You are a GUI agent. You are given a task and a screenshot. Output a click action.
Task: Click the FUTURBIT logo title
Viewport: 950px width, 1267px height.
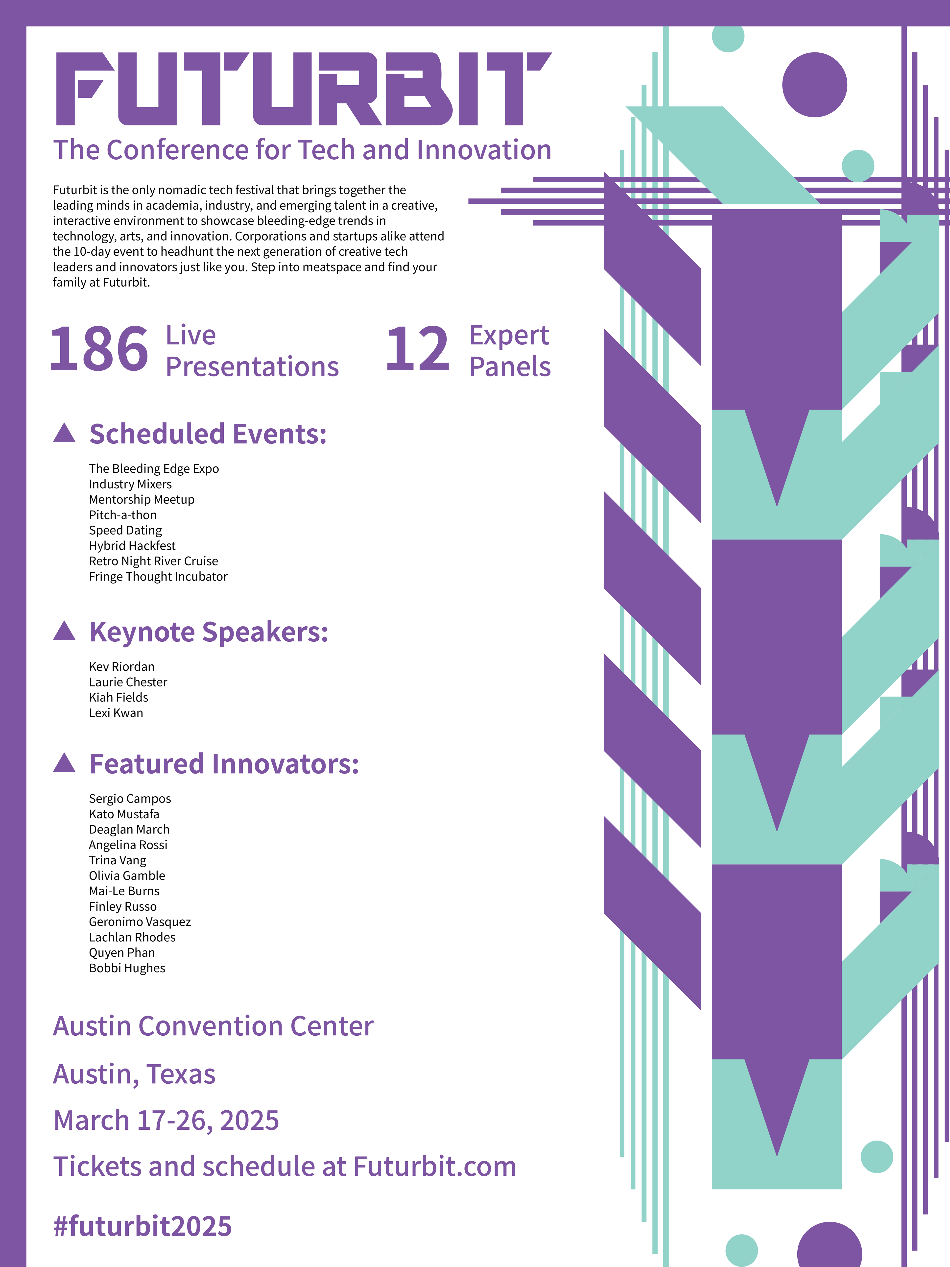304,89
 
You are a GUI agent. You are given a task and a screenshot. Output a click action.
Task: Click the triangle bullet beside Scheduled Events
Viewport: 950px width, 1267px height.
64,434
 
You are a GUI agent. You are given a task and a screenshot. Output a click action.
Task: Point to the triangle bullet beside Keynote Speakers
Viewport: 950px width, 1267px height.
64,631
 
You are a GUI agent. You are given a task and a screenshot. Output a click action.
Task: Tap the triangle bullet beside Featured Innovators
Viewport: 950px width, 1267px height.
64,763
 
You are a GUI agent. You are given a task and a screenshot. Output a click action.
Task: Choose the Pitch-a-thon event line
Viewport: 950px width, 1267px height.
122,515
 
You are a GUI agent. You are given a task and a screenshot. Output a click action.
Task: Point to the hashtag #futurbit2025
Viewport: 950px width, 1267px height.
142,1226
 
